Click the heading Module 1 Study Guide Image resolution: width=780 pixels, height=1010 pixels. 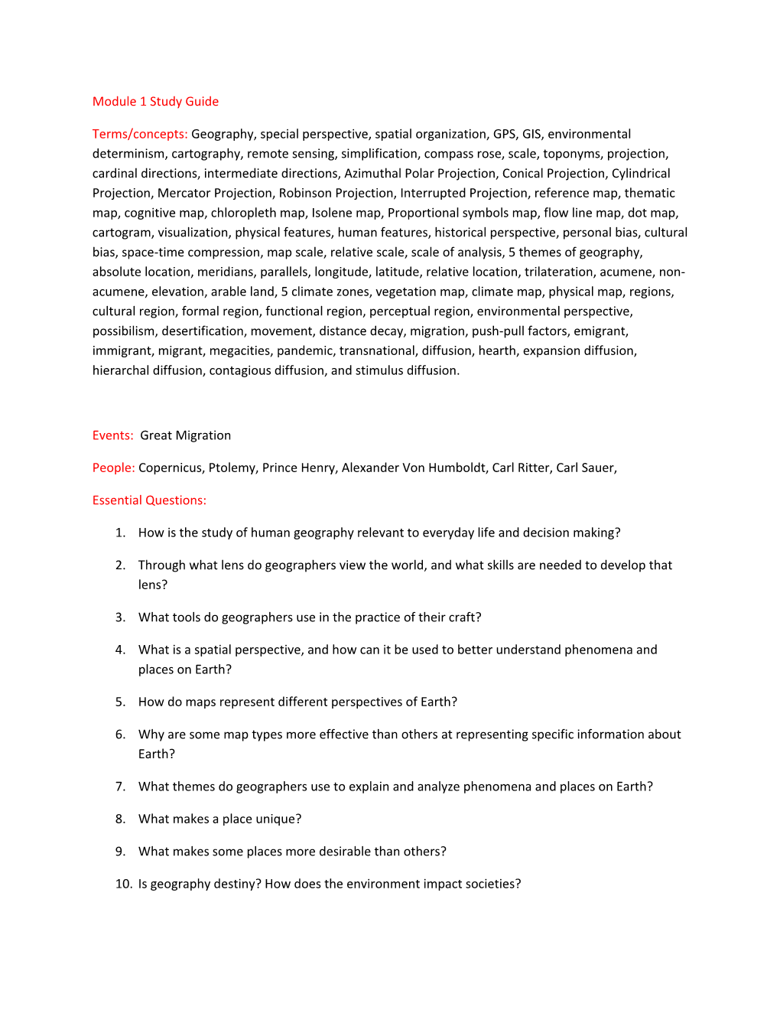155,102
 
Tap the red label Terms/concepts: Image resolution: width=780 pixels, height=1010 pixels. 140,135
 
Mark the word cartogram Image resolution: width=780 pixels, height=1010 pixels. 121,233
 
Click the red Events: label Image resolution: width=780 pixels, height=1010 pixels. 113,436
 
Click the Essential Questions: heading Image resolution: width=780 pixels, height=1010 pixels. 149,500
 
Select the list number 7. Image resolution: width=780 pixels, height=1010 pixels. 120,787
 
